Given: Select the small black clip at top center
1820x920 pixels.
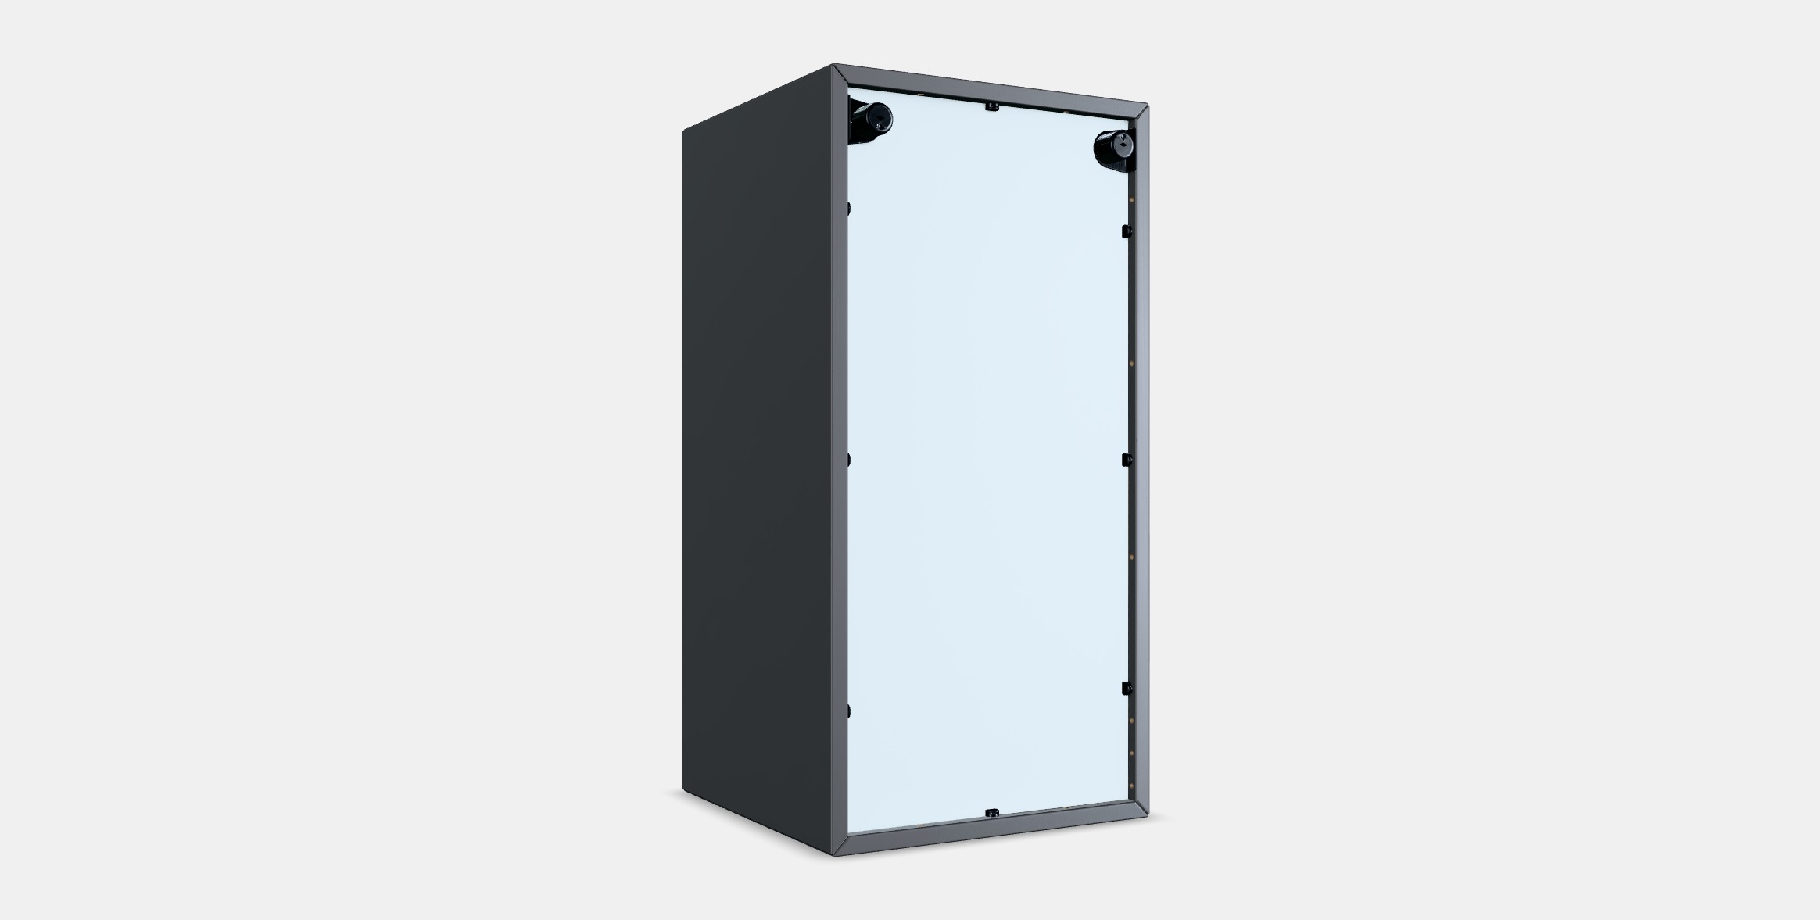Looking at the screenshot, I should (991, 106).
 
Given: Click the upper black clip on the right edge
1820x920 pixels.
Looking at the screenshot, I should (1126, 231).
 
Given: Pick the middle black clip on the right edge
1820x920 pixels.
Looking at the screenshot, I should (1126, 460).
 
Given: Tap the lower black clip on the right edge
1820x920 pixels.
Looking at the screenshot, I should (1127, 688).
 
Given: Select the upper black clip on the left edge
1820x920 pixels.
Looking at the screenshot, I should (848, 209).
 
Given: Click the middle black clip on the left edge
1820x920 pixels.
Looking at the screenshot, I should (848, 459).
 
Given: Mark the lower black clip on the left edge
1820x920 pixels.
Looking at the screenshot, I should (848, 710).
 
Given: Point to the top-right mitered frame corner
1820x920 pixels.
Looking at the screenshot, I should (1141, 110).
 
